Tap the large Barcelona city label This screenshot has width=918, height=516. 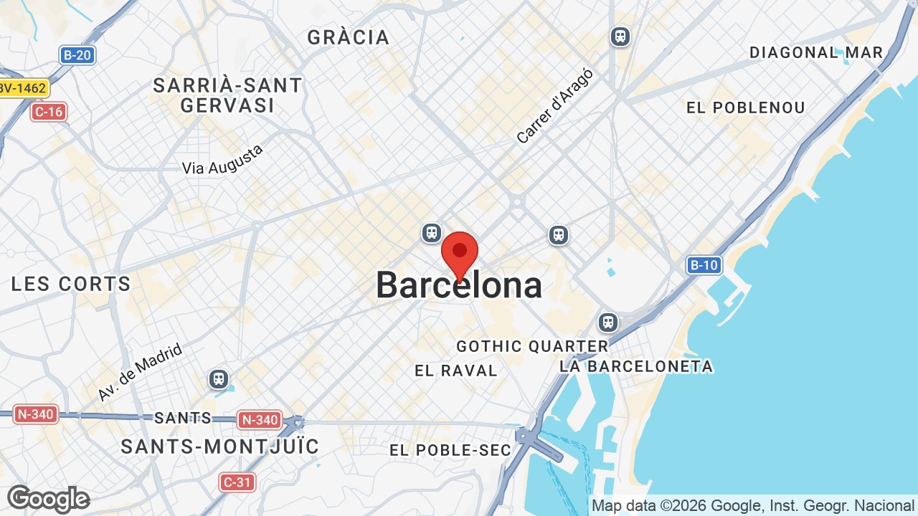[459, 285]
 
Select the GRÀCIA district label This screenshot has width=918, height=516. [349, 37]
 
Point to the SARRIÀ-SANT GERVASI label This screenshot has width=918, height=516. [228, 95]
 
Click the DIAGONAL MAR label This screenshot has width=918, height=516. [816, 52]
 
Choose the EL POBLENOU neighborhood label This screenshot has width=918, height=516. [746, 107]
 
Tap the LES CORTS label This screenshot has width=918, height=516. [71, 284]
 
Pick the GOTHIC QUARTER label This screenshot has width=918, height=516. [532, 346]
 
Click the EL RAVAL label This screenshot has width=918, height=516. [456, 371]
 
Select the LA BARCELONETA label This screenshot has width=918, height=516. [636, 366]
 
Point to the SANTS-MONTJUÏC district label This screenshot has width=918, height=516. [220, 446]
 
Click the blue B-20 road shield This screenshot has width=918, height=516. [77, 54]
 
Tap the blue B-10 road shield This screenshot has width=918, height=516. [704, 265]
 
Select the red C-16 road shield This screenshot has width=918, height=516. [49, 111]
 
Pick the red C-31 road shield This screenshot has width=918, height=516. [237, 482]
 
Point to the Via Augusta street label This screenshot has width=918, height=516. [223, 159]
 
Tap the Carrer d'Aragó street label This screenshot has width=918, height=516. [555, 106]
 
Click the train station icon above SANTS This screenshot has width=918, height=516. [219, 378]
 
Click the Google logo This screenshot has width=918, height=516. [48, 499]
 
